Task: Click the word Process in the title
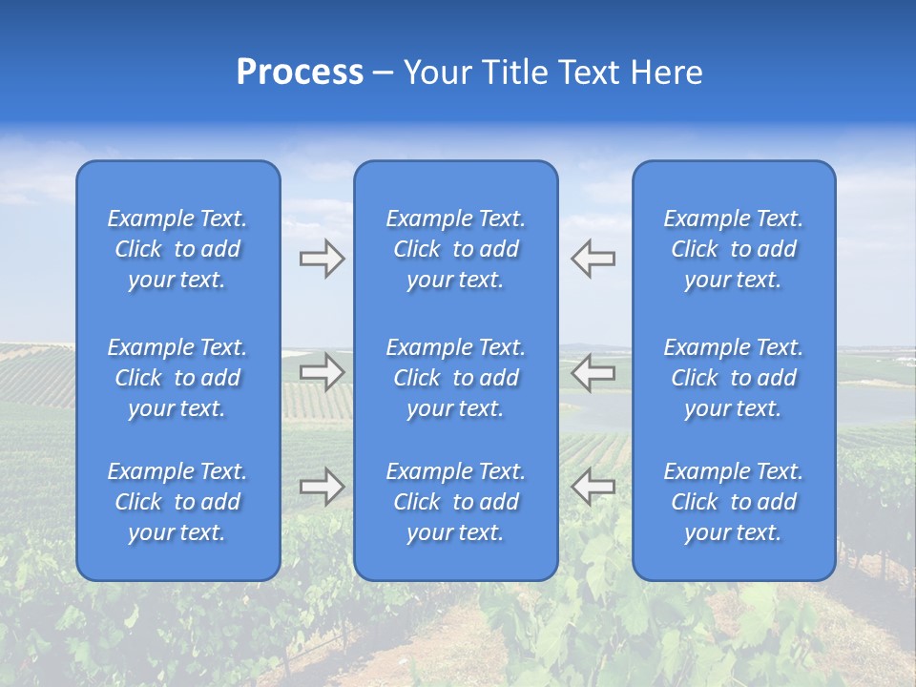pyautogui.click(x=300, y=73)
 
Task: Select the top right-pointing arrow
pyautogui.click(x=323, y=259)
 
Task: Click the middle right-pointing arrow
pyautogui.click(x=323, y=372)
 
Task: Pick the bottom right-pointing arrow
pyautogui.click(x=323, y=487)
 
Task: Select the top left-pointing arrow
pyautogui.click(x=593, y=259)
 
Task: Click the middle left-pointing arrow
pyautogui.click(x=593, y=372)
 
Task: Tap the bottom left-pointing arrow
pyautogui.click(x=593, y=487)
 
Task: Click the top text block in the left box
pyautogui.click(x=177, y=249)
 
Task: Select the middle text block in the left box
pyautogui.click(x=177, y=378)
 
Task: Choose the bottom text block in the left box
pyautogui.click(x=177, y=502)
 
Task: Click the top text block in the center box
pyautogui.click(x=455, y=249)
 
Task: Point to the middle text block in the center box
pyautogui.click(x=455, y=378)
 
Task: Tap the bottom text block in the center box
pyautogui.click(x=455, y=502)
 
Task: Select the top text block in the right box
pyautogui.click(x=733, y=249)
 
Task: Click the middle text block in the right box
pyautogui.click(x=733, y=378)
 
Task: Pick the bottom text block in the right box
pyautogui.click(x=733, y=502)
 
